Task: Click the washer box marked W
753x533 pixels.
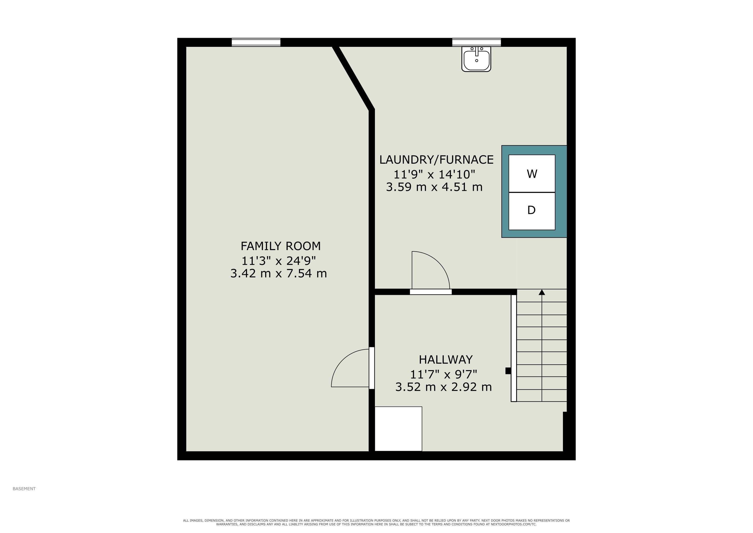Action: coord(532,174)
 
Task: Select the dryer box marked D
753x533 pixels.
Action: coord(532,211)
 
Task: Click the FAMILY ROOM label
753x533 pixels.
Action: coord(281,246)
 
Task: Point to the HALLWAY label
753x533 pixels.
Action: coord(446,360)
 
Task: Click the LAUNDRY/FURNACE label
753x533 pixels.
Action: coord(437,160)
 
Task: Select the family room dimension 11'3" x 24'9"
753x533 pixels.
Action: coord(279,261)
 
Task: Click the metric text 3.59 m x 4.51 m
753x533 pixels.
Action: coord(434,187)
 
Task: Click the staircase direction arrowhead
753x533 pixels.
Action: coord(542,292)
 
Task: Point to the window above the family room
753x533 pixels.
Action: coord(256,42)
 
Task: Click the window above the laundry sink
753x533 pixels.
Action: coord(477,42)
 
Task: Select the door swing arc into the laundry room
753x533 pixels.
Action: coord(438,262)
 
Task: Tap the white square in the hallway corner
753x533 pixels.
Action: coord(398,429)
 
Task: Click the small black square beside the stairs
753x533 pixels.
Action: coord(508,371)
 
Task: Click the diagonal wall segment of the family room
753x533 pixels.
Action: coord(353,78)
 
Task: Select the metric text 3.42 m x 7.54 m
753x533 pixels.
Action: coord(279,273)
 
